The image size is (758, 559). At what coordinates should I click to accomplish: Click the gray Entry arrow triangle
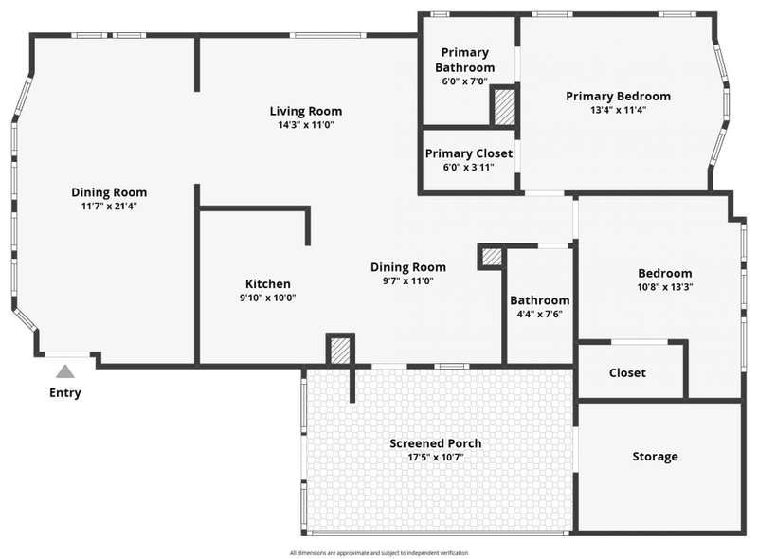point(65,371)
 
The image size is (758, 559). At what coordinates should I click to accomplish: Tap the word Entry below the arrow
point(65,393)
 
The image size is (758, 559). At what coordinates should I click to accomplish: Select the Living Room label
point(306,111)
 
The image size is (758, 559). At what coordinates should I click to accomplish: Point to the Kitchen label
point(268,284)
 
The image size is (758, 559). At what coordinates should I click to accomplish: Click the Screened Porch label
point(436,443)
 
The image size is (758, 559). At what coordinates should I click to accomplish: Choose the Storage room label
point(655,457)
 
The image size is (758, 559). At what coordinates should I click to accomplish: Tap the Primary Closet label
point(469,153)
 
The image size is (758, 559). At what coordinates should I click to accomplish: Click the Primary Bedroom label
point(619,97)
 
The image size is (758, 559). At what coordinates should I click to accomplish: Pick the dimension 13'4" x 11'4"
point(619,110)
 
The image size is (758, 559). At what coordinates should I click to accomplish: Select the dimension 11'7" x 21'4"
point(109,206)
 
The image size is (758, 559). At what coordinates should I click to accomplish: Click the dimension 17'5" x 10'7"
point(436,457)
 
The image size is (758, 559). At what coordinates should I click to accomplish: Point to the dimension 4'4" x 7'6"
point(539,314)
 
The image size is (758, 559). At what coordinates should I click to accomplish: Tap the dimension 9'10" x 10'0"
point(268,298)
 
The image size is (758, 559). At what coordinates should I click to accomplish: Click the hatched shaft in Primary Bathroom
point(505,106)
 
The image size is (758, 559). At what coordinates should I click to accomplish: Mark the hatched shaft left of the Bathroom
point(492,257)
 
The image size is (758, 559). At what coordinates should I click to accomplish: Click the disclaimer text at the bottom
point(379,552)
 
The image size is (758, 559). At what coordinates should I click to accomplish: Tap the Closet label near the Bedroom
point(627,373)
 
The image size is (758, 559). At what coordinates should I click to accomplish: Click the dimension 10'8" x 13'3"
point(665,287)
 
